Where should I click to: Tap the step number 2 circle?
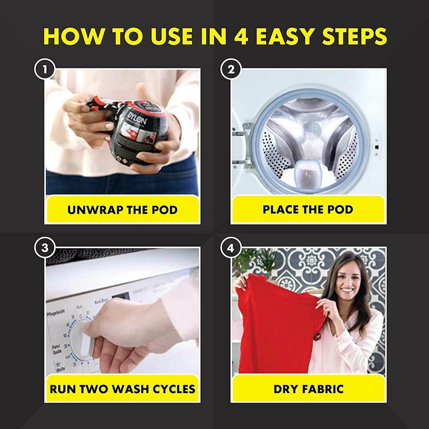click(x=231, y=70)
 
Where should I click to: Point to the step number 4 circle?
click(x=231, y=248)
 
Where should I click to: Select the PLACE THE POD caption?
click(x=308, y=209)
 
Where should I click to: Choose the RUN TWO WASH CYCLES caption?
click(x=122, y=388)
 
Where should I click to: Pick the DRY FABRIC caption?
click(x=308, y=388)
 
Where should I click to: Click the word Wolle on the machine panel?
click(x=60, y=370)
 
